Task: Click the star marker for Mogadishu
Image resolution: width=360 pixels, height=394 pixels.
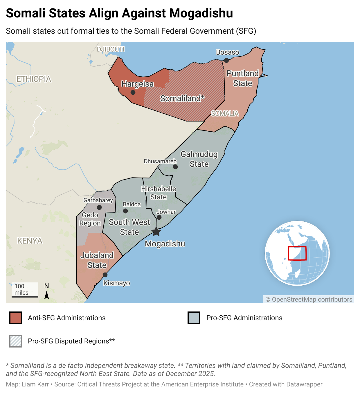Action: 156,232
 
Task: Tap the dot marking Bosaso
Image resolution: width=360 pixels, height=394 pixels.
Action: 226,60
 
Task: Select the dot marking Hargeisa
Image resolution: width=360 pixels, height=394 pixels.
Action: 133,92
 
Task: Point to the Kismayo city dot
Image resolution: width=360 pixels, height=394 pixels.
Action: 105,275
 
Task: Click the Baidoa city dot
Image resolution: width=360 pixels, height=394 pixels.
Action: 125,211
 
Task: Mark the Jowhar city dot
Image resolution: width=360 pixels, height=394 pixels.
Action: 159,217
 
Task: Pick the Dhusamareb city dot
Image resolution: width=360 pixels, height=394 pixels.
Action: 175,167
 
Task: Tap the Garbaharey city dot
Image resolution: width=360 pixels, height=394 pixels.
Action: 99,207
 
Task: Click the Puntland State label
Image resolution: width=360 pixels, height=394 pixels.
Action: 243,78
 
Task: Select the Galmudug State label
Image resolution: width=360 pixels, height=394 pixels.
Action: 199,159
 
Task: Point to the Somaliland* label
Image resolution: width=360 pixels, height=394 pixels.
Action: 182,98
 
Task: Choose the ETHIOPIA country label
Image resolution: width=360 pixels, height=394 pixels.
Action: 34,79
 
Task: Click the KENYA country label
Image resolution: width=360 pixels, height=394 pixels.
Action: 30,241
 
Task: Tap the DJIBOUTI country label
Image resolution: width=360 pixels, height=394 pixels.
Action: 111,49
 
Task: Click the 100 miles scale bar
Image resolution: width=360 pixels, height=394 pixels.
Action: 25,296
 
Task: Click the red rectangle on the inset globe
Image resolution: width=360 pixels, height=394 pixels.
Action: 297,253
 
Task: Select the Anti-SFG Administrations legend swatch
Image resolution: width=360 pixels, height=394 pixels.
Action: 16,318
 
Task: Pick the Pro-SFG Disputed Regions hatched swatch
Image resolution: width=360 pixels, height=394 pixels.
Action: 16,341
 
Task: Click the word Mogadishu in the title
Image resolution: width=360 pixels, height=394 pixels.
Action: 201,13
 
